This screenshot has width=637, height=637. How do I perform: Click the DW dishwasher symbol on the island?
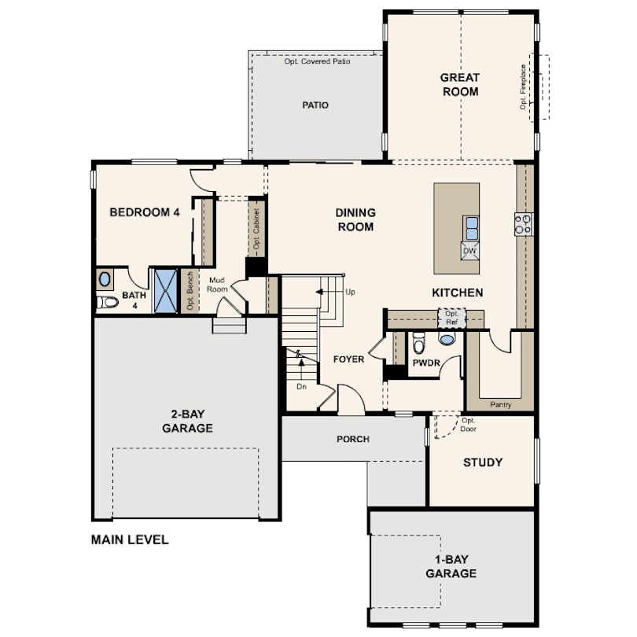(470, 251)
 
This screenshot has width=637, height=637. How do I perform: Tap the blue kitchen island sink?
(471, 228)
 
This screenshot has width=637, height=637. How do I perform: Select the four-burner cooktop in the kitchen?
(523, 224)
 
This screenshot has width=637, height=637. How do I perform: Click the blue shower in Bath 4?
(166, 291)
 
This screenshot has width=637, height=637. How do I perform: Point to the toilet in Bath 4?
(107, 302)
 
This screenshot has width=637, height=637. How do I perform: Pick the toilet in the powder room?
(419, 342)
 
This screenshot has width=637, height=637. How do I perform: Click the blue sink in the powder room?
(447, 338)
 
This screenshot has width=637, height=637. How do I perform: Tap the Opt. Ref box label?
(451, 318)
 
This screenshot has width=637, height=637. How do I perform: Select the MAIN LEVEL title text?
(130, 539)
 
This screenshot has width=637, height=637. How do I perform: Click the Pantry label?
(500, 405)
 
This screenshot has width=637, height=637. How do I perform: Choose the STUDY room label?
(483, 462)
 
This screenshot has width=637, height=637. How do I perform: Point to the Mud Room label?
(217, 285)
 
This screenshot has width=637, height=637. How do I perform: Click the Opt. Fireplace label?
(523, 87)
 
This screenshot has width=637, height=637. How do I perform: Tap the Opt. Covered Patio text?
(317, 61)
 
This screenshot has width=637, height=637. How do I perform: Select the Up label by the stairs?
(350, 292)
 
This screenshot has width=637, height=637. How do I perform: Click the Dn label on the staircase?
(301, 386)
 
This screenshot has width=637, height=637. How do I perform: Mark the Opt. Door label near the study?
(469, 425)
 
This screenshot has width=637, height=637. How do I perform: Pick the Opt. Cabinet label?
(256, 229)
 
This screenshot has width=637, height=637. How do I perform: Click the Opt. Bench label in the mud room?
(190, 291)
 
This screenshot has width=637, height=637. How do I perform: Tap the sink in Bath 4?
(105, 279)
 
